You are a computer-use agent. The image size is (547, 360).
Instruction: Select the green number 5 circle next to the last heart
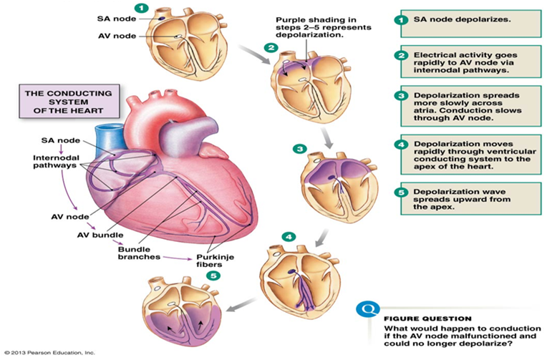point(210,275)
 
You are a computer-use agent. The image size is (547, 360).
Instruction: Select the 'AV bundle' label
point(100,234)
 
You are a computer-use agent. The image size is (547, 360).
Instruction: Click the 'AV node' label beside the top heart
point(117,35)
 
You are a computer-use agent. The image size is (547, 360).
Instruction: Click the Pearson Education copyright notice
point(49,353)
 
